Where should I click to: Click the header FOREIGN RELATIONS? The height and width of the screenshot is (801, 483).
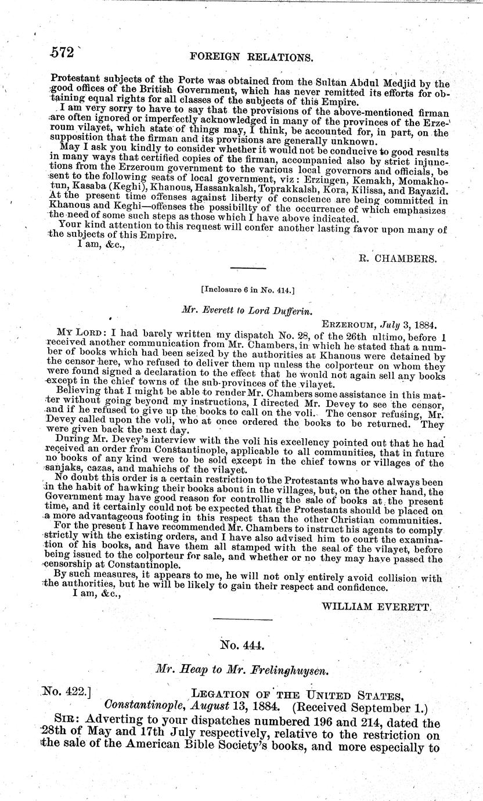(x=247, y=57)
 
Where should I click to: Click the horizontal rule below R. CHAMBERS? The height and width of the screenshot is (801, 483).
(x=248, y=268)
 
